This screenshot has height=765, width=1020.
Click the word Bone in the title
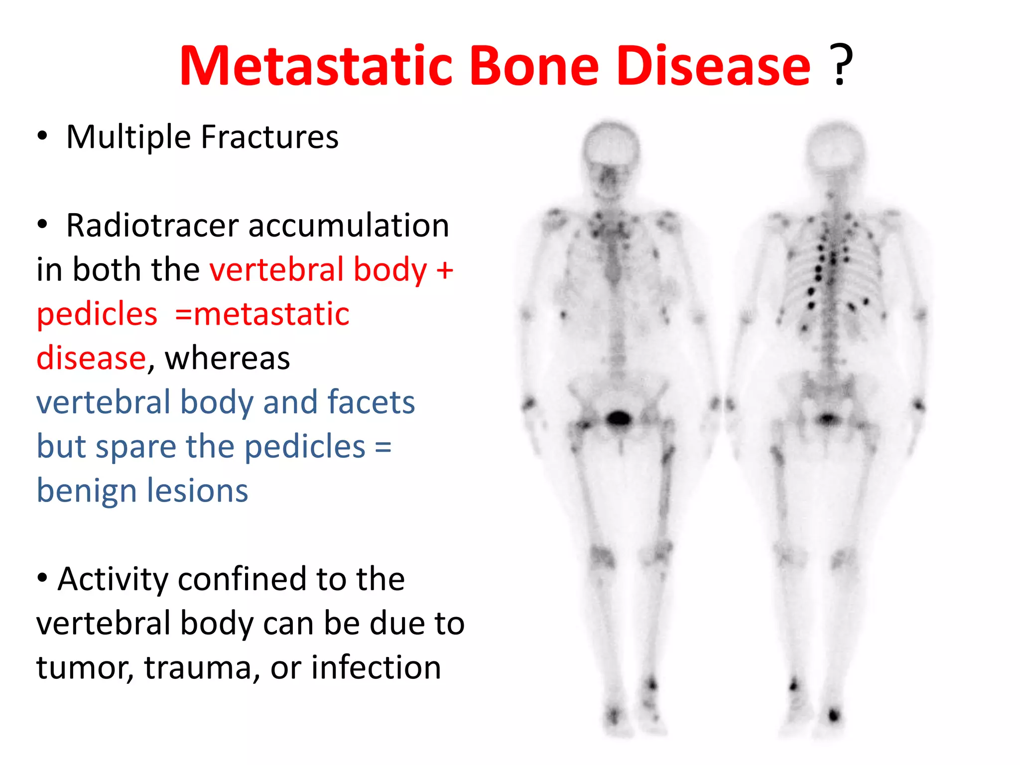(534, 66)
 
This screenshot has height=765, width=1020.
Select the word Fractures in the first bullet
(269, 137)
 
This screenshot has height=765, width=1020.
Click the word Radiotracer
(152, 226)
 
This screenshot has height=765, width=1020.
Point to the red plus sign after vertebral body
(444, 270)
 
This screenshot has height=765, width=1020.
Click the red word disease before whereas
(91, 358)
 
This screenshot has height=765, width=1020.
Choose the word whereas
(228, 358)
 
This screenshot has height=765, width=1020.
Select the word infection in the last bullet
(376, 667)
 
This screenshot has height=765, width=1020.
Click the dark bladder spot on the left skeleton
(619, 418)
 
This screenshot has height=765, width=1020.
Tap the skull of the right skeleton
(835, 144)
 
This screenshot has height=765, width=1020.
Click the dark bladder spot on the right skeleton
(828, 418)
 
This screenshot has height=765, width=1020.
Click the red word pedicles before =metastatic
(97, 314)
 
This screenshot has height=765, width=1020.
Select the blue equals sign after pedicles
(382, 446)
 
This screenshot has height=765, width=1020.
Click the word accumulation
(349, 226)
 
